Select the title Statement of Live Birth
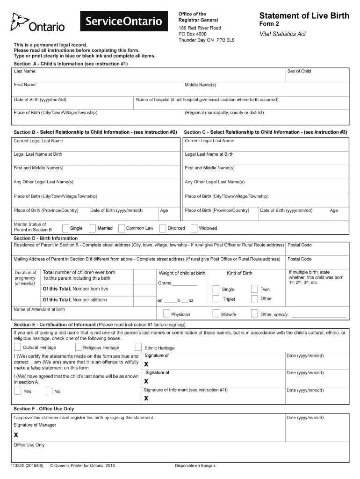304,16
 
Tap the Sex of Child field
317,75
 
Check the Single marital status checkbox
65,228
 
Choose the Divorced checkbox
163,228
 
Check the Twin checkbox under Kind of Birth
254,289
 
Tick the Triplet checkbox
216,299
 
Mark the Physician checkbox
166,313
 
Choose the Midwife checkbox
216,313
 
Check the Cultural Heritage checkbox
17,347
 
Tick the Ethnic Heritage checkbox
138,347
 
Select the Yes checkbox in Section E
17,391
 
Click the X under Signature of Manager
16,435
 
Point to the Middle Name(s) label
200,85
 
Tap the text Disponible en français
195,465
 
